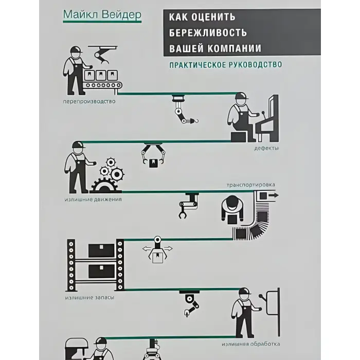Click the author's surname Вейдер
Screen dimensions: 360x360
pos(121,15)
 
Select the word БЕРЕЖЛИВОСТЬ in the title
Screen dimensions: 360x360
pos(208,33)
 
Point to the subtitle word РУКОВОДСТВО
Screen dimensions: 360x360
pos(255,64)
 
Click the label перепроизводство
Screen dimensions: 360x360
pos(89,101)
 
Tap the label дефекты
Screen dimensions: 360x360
pos(266,148)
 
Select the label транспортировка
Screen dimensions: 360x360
pos(251,185)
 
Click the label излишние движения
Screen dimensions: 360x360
pos(93,200)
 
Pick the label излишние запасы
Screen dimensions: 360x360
pos(89,298)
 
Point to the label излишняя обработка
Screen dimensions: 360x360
pos(251,344)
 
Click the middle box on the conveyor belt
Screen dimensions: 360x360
pos(101,75)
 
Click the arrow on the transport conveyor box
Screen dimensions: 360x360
pos(274,195)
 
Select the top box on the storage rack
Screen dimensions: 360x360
pos(101,250)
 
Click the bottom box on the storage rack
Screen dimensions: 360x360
pos(101,271)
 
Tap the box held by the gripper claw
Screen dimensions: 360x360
pos(152,163)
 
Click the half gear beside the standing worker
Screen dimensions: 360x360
pos(105,186)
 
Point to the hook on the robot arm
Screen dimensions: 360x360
pos(196,121)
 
